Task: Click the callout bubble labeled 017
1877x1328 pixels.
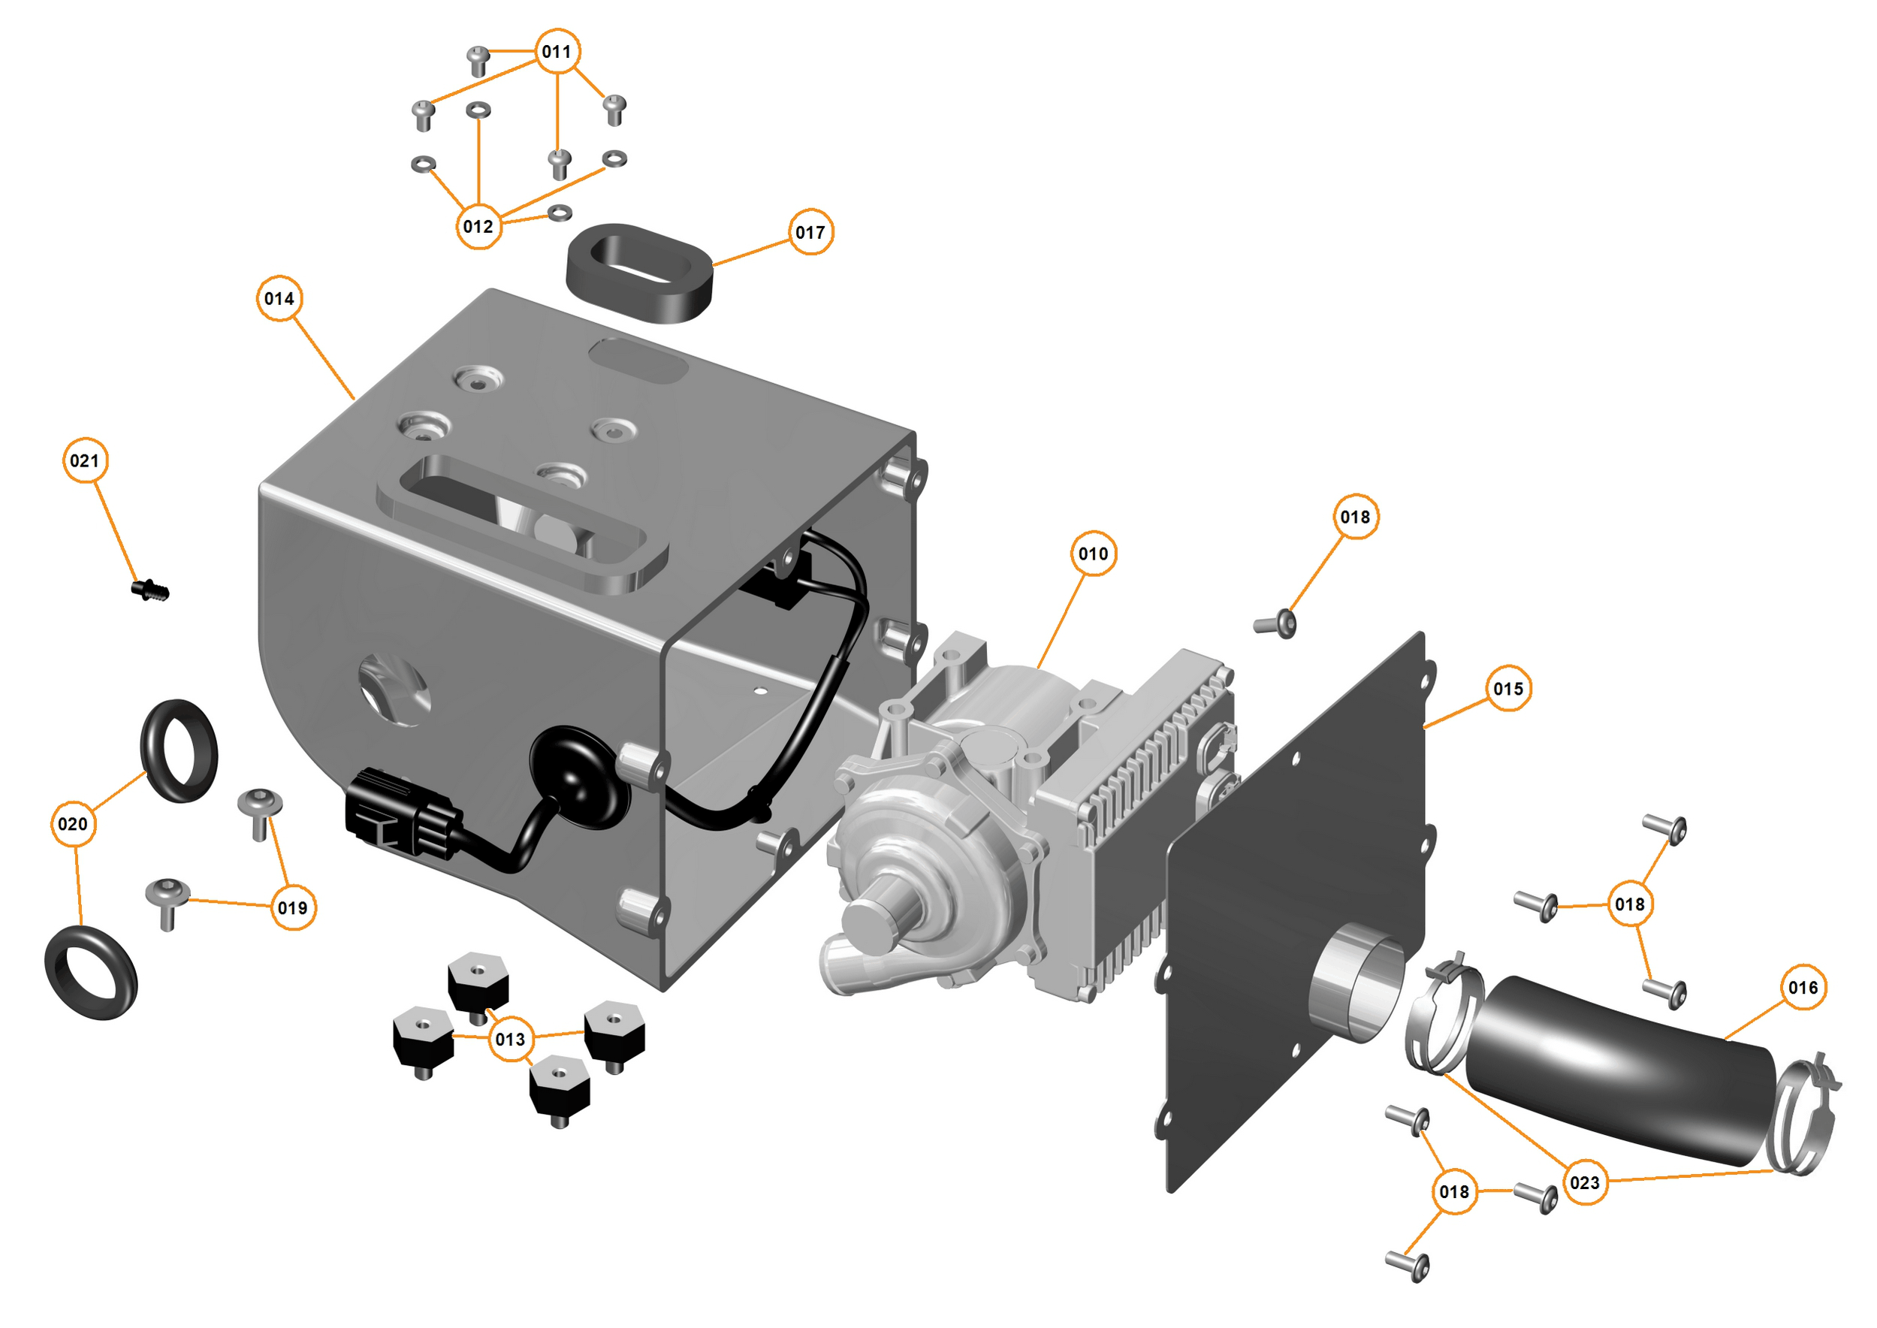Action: click(x=810, y=232)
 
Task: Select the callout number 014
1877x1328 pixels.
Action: click(x=279, y=298)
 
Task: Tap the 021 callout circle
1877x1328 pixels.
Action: click(x=85, y=460)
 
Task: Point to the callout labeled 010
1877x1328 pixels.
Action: click(x=1093, y=554)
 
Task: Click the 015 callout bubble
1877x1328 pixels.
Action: click(x=1508, y=689)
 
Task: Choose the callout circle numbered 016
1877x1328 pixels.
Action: click(x=1803, y=988)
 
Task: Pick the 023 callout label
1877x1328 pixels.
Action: click(x=1584, y=1182)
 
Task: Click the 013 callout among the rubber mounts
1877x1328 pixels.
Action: click(x=510, y=1040)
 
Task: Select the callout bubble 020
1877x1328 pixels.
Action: click(x=73, y=824)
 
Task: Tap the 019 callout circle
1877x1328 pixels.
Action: click(x=293, y=907)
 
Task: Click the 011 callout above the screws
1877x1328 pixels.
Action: click(x=557, y=52)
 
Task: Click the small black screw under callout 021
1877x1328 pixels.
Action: click(x=150, y=590)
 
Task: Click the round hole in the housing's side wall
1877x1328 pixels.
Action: click(x=395, y=689)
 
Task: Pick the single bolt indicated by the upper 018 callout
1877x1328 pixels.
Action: click(x=1276, y=625)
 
